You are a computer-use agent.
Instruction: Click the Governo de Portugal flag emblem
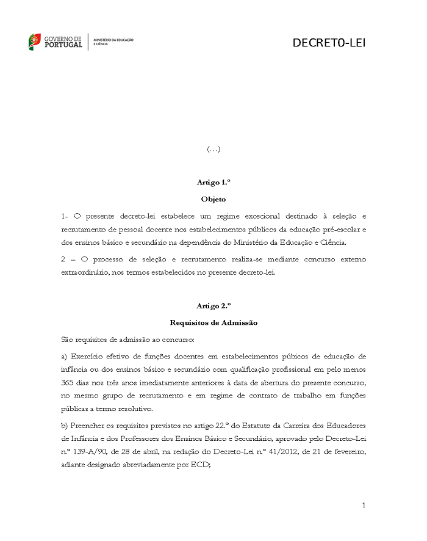35,42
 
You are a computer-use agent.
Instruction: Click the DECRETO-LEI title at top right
329,43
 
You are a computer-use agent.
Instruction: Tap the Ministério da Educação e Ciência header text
113,42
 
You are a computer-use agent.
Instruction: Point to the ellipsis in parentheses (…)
213,149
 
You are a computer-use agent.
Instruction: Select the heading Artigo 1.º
213,183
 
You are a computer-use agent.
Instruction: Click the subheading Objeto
213,199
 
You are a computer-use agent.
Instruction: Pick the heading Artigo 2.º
213,306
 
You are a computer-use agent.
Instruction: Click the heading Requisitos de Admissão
213,322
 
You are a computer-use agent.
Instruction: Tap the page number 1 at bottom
364,505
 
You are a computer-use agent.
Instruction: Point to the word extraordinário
85,272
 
